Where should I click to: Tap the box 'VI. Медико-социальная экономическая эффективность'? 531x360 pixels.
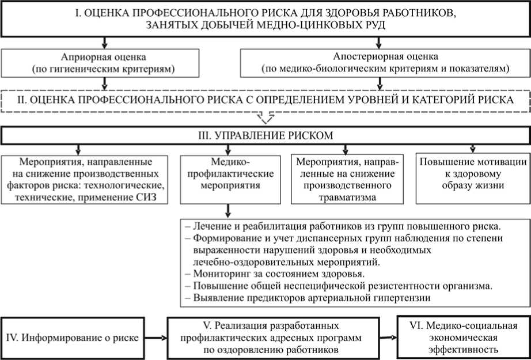coord(462,337)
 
